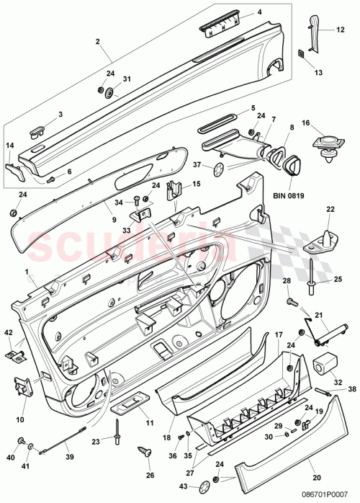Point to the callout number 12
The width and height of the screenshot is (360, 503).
point(341,30)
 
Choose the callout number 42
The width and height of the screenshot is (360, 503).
point(9,331)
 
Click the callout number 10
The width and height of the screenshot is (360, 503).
point(19,419)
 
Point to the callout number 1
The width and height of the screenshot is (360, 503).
point(28,273)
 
